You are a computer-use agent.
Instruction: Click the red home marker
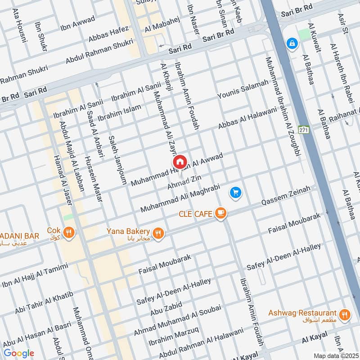pos(179,162)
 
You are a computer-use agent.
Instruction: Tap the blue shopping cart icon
pos(235,193)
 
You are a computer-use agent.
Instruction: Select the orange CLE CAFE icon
pos(220,213)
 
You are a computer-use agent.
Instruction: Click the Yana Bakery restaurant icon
pos(157,233)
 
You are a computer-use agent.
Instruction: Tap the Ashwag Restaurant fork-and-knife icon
pos(345,315)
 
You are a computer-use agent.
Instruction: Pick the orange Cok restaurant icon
pos(68,233)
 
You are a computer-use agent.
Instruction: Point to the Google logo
pos(18,353)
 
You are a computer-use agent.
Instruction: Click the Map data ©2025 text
pos(335,355)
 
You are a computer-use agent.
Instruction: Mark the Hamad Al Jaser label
pos(63,180)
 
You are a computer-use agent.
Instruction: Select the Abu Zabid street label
pos(166,310)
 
